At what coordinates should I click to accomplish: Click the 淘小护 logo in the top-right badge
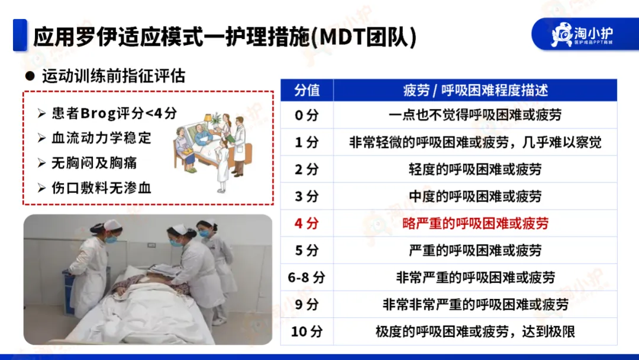point(582,35)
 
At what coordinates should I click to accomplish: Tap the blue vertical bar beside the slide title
point(20,35)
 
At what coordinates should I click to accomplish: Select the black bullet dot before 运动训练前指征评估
point(30,76)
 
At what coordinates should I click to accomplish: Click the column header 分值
point(307,90)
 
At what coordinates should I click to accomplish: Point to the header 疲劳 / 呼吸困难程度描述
point(475,90)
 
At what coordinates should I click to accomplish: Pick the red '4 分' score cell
point(306,223)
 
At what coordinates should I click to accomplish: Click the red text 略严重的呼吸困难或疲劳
point(475,223)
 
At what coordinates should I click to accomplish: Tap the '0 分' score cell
point(306,115)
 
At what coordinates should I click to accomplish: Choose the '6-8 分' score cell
point(306,278)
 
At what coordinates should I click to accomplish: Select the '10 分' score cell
point(306,332)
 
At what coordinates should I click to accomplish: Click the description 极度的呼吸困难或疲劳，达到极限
point(475,332)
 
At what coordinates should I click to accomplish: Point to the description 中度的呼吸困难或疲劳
point(475,197)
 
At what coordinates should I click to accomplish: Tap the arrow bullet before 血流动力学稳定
point(41,138)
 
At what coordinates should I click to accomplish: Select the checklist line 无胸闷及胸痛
point(94,163)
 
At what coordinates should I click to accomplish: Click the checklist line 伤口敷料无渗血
point(101,188)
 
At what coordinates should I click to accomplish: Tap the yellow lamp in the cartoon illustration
point(208,119)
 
